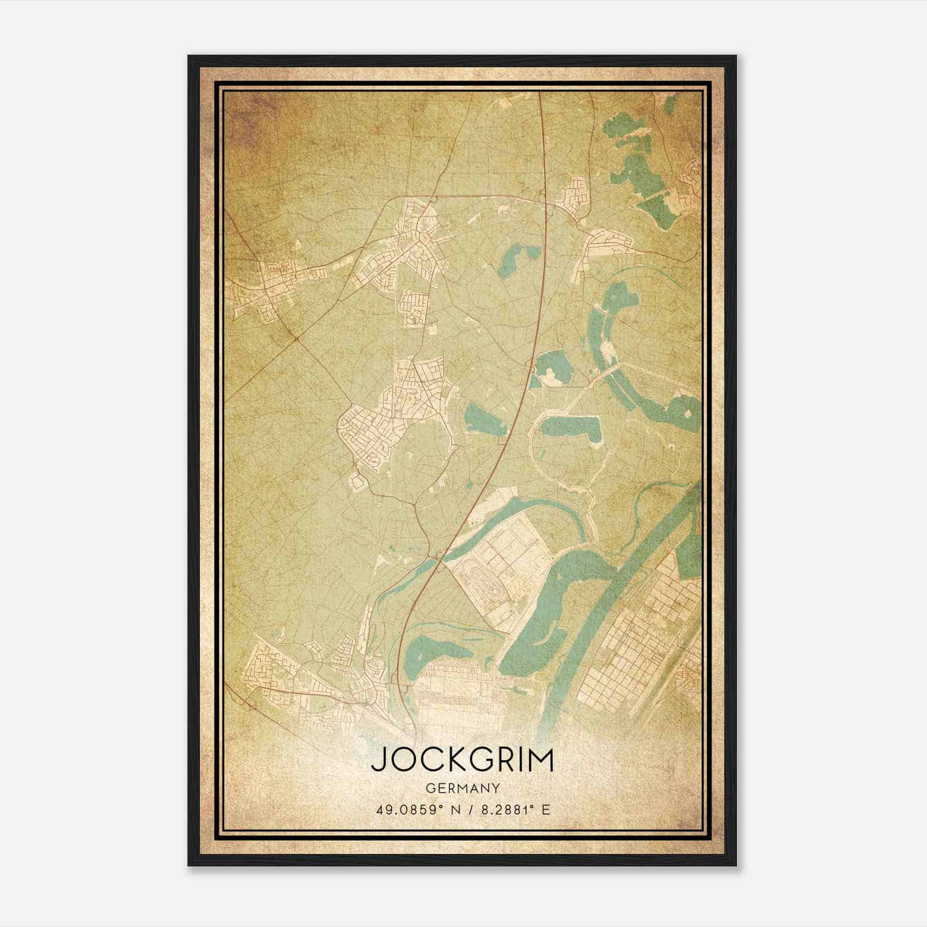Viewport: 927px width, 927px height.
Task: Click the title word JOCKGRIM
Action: (462, 761)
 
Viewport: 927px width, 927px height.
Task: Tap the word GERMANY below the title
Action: (462, 789)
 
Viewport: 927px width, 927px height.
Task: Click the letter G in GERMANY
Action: (429, 789)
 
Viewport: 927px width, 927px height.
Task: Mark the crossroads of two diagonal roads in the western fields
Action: (296, 338)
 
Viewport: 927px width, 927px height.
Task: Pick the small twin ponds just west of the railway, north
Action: (516, 258)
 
